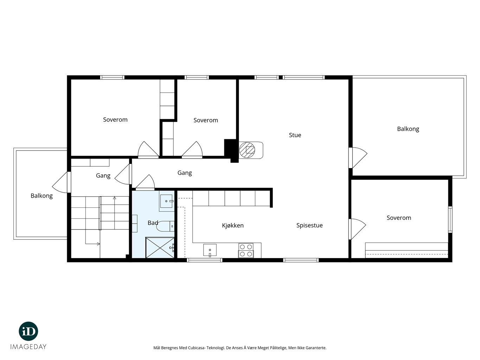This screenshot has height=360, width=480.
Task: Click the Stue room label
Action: tap(295, 135)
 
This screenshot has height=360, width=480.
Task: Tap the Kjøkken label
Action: tap(233, 225)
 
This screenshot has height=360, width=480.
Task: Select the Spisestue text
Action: tap(309, 225)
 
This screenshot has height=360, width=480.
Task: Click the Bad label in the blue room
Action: tap(153, 223)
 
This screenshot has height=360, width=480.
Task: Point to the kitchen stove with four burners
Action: tap(246, 251)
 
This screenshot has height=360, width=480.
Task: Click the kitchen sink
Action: tap(210, 250)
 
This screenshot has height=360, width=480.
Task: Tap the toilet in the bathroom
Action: tap(165, 226)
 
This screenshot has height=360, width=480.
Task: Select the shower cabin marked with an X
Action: tap(160, 247)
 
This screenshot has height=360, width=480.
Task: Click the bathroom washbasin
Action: tap(167, 201)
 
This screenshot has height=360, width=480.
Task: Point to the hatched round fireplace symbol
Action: tap(247, 150)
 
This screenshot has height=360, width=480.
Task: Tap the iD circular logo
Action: tap(28, 332)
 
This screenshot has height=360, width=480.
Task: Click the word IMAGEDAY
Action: tap(28, 347)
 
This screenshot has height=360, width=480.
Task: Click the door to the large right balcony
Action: tap(358, 157)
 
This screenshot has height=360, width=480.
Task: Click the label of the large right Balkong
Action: tap(408, 129)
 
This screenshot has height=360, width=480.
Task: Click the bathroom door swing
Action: tap(145, 182)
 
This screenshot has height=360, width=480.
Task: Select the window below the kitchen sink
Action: tap(204, 260)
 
